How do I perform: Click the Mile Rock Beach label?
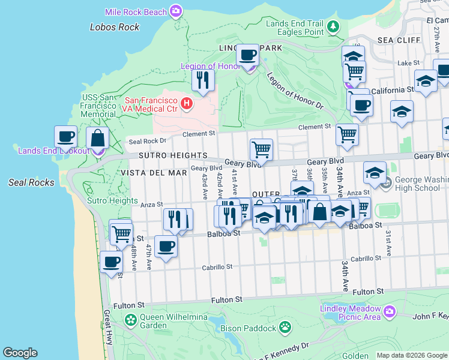point(136,11)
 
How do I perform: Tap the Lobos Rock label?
point(115,27)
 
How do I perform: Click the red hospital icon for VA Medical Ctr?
point(187,104)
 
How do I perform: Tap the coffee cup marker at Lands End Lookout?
point(66,136)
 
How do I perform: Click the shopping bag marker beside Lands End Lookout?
point(97,138)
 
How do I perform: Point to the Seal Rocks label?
point(32,182)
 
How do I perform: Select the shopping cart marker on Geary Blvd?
point(261,149)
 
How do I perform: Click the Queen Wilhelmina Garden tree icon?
point(131,320)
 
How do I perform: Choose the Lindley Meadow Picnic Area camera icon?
point(390,311)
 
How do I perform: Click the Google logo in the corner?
point(20,353)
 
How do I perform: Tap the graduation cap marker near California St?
point(426,81)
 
